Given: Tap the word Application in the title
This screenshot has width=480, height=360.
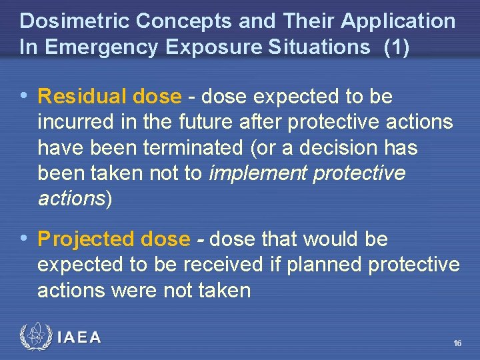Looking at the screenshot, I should tap(398, 21).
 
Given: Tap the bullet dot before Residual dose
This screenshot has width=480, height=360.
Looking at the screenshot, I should tap(25, 97).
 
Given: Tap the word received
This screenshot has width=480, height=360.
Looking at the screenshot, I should tap(223, 265).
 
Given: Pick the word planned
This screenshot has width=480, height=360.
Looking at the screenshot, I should tap(324, 265).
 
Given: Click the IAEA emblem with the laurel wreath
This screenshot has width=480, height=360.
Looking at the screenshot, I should tap(35, 337).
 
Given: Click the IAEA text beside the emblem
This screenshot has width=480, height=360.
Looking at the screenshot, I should tap(79, 338).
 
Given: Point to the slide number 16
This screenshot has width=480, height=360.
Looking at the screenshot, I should tap(457, 343).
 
